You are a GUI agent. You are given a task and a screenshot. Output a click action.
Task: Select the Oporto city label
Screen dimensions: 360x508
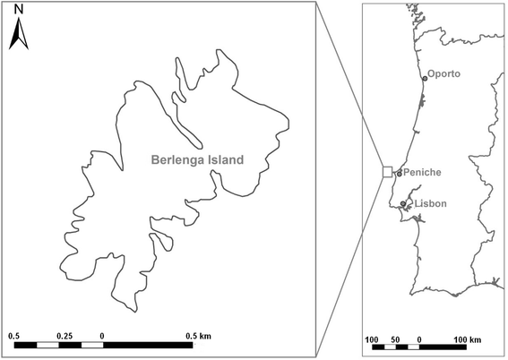444,73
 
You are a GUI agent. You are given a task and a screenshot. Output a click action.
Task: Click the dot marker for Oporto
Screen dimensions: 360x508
425,79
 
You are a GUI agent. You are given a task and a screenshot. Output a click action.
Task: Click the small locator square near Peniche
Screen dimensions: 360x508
387,172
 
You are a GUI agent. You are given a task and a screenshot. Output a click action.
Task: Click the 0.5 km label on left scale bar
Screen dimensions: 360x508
198,335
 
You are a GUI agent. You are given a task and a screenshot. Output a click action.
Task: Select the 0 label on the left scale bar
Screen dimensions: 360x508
101,335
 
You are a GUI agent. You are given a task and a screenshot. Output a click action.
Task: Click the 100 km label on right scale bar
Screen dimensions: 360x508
467,340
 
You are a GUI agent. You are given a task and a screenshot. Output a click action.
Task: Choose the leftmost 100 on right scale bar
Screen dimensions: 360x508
372,340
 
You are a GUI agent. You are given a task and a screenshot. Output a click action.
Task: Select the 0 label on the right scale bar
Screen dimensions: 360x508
419,340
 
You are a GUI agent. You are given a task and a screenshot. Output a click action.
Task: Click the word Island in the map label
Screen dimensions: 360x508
223,161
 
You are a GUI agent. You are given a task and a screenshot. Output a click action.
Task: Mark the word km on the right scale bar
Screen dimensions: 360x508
475,340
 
